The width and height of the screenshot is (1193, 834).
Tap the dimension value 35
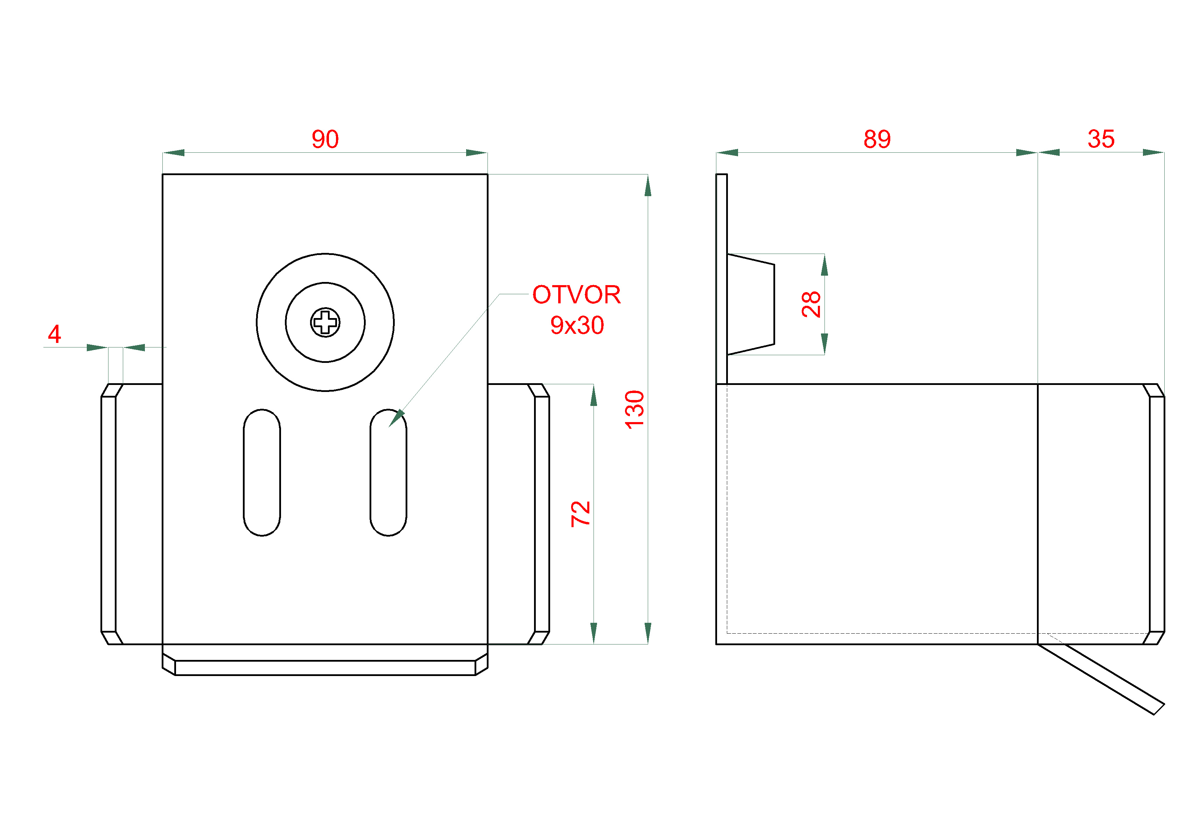(x=1101, y=139)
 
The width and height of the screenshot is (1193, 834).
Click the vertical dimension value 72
(x=580, y=514)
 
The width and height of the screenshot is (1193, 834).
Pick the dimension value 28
(x=811, y=304)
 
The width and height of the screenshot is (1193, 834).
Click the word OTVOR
(x=576, y=295)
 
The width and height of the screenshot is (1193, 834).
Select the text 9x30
(x=577, y=325)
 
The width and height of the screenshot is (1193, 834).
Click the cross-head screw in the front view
(x=325, y=322)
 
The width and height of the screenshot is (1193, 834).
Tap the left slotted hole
(x=262, y=472)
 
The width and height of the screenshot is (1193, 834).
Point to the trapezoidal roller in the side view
(x=751, y=304)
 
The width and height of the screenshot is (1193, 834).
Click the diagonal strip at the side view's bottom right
(x=1101, y=679)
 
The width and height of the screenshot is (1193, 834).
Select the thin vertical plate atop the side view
(x=722, y=279)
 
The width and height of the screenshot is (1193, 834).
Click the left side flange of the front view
(x=132, y=514)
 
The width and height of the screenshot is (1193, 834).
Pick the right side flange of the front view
(x=519, y=514)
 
